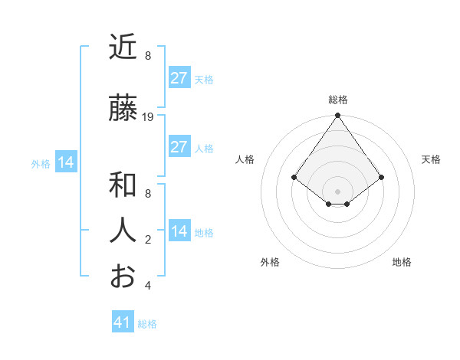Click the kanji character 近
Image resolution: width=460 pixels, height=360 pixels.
123,47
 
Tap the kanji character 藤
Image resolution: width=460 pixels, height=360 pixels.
123,109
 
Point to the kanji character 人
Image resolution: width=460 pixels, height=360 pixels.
123,231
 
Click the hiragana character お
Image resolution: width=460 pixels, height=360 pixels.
123,276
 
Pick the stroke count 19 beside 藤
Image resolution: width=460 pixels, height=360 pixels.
148,117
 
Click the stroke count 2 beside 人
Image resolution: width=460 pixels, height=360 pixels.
148,240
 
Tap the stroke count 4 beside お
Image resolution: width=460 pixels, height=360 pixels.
148,286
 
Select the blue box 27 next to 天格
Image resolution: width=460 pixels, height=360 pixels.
179,78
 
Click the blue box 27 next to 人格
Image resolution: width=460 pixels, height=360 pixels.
179,147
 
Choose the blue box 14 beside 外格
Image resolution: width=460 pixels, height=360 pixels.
65,162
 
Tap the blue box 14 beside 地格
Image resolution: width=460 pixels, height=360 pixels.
179,231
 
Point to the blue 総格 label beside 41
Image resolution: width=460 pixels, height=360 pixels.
147,324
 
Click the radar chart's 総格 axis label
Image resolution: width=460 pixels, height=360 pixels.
338,100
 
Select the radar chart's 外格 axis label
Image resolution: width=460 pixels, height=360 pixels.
270,262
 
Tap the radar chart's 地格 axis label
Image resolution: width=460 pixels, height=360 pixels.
402,262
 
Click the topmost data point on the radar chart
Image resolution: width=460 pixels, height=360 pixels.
337,116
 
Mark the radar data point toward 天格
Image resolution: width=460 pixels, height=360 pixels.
381,178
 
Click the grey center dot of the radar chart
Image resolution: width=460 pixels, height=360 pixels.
337,191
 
